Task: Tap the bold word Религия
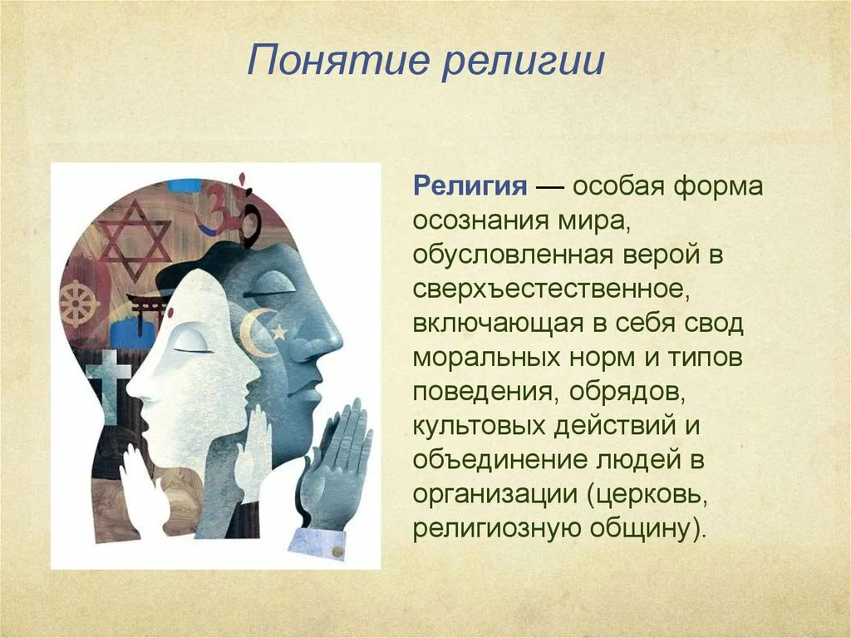(x=470, y=187)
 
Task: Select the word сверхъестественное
(x=551, y=289)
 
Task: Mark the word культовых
(x=478, y=426)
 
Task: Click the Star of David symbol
(x=134, y=240)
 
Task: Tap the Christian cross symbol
(x=109, y=386)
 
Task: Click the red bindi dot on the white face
(x=169, y=312)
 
